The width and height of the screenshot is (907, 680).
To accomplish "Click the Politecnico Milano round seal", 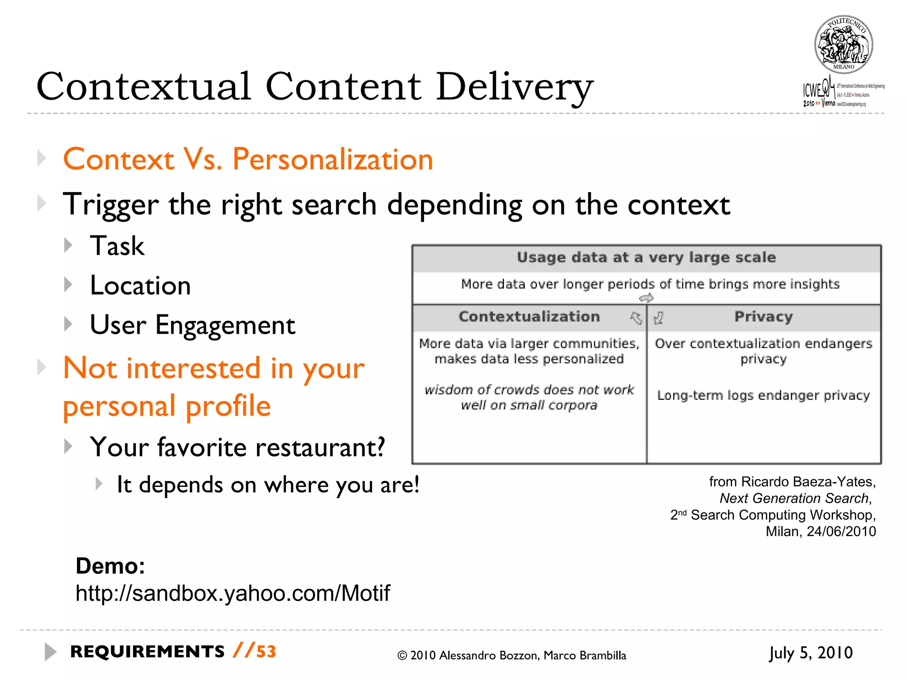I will click(x=844, y=44).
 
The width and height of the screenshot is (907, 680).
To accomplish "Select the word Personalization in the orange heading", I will click(x=333, y=159).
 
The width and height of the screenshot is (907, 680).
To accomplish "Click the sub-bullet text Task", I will click(x=117, y=246).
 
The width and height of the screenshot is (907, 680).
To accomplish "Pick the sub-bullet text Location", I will click(x=140, y=286).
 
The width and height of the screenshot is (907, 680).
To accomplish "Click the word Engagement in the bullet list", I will click(x=225, y=325).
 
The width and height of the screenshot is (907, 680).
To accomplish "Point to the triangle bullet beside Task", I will click(x=68, y=245).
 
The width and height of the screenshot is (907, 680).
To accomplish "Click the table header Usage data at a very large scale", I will click(x=646, y=258).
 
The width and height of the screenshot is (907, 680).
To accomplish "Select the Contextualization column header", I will click(x=529, y=317).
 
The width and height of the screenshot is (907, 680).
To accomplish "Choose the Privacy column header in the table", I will click(x=764, y=317).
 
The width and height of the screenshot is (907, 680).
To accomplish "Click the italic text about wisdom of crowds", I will click(x=529, y=397).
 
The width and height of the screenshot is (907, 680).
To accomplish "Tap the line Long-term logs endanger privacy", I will click(x=764, y=395).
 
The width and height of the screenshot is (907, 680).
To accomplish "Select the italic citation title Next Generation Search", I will click(x=794, y=498).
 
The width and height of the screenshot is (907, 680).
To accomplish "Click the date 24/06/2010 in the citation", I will click(x=841, y=531).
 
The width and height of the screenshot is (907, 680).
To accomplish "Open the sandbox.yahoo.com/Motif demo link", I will click(x=233, y=593).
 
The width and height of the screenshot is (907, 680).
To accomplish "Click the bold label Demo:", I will click(x=110, y=566).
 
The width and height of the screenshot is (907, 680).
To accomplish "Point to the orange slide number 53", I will click(x=266, y=652).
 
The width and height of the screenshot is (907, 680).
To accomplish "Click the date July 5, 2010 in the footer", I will click(x=810, y=653).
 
